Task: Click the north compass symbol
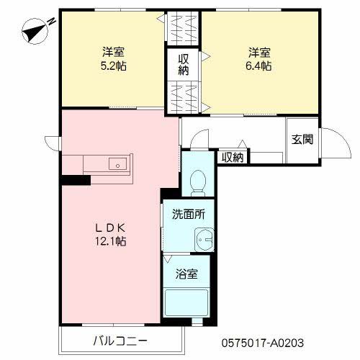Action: pos(35,32)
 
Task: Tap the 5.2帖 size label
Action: pos(114,66)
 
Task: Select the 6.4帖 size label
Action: pos(258,66)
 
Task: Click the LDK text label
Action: pos(111,228)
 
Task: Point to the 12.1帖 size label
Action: pos(111,241)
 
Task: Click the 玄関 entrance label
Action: pos(302,139)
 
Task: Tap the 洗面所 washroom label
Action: pos(189,214)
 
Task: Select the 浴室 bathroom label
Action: pos(186,274)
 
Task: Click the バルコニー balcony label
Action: pos(120,341)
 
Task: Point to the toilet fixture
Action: pos(198,183)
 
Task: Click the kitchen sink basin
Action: pos(117,164)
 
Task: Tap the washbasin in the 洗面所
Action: pos(204,240)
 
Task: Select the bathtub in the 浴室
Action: pos(186,302)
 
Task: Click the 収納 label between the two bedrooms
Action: pos(183,65)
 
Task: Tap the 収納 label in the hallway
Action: pos(233,158)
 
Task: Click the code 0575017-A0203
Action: pos(263,343)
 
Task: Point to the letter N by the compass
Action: pos(51,22)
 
